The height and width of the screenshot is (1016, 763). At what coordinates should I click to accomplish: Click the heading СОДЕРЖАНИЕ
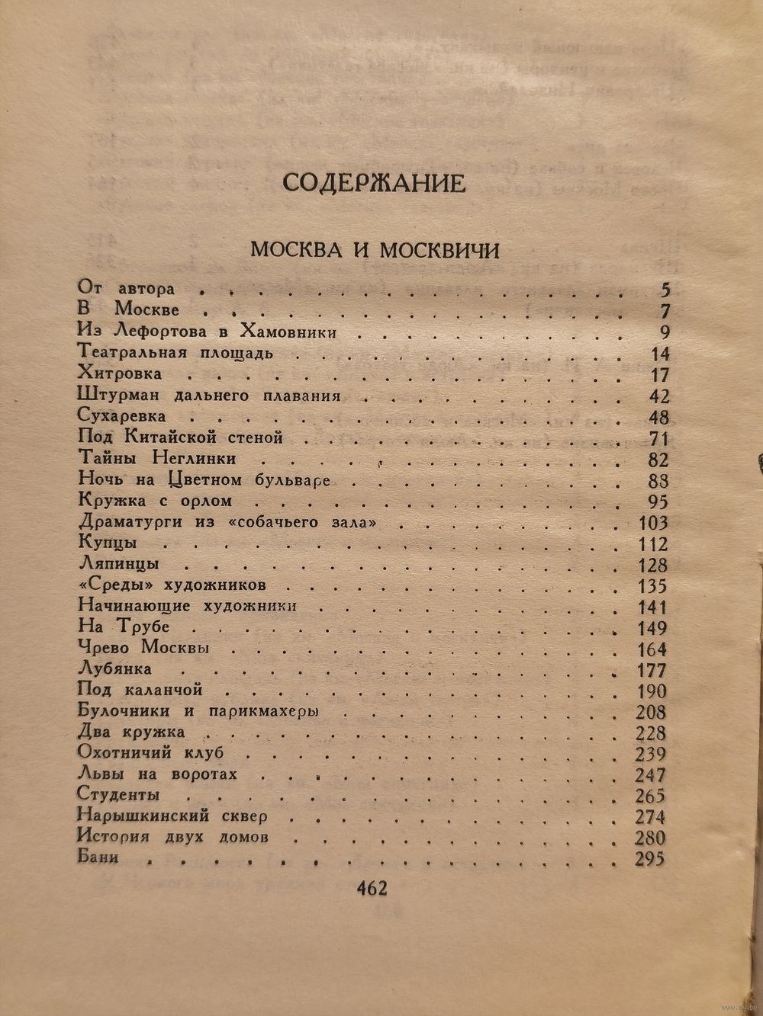click(x=373, y=184)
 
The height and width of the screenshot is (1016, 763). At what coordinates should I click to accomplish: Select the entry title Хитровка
click(x=119, y=374)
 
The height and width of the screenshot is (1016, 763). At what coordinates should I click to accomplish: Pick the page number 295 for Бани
click(x=650, y=859)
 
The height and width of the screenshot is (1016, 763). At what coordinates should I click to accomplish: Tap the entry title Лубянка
click(x=115, y=668)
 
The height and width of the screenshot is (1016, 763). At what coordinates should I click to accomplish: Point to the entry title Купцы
click(x=108, y=543)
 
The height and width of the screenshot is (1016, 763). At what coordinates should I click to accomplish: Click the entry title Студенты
click(x=118, y=795)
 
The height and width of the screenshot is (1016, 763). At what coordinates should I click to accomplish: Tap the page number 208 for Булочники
click(x=650, y=713)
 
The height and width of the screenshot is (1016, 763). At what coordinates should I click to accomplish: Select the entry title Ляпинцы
click(x=118, y=565)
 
